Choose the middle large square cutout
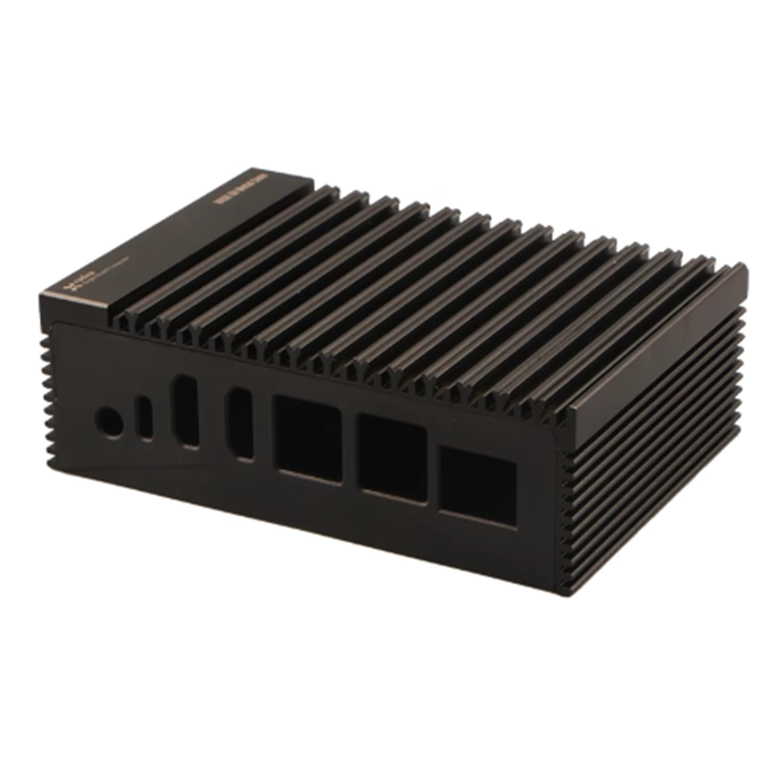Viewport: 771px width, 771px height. click(393, 456)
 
